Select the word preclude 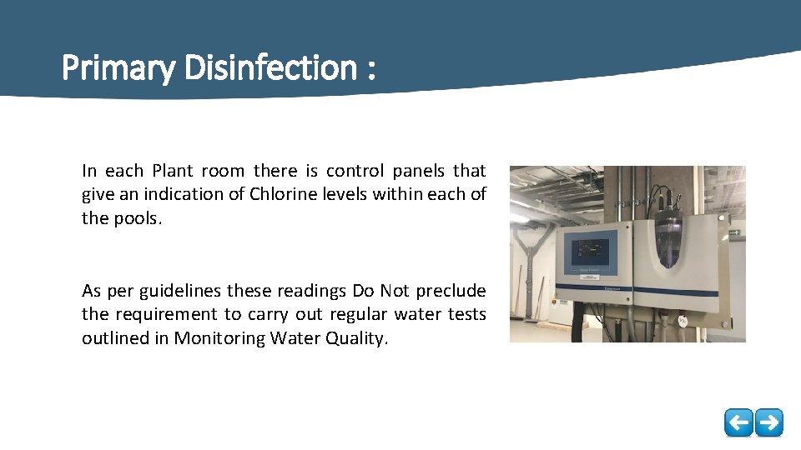(451, 291)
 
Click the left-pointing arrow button (738, 422)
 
